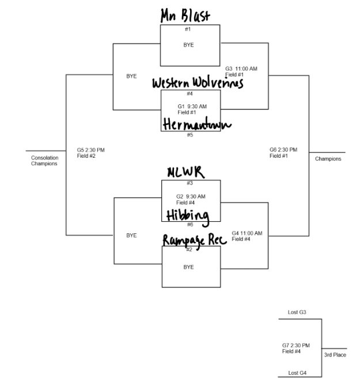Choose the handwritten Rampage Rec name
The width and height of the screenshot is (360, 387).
click(x=190, y=241)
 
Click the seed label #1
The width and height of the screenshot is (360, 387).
click(x=188, y=29)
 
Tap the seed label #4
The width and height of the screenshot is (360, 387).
click(x=190, y=93)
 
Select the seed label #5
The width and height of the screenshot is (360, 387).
click(x=190, y=135)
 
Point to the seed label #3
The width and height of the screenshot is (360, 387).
click(x=190, y=183)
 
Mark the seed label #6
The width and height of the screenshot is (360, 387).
click(x=190, y=225)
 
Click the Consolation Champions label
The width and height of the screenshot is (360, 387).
click(x=44, y=161)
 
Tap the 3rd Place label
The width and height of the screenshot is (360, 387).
click(x=335, y=355)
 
